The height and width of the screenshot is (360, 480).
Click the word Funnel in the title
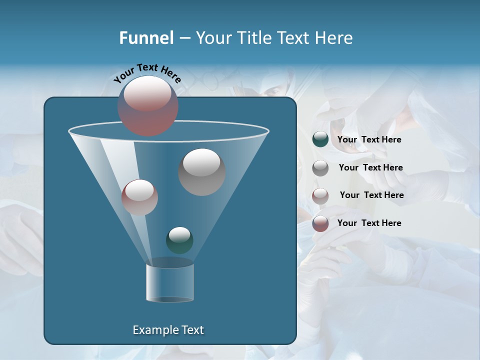click(x=146, y=38)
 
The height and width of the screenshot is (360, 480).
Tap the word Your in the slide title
click(x=214, y=38)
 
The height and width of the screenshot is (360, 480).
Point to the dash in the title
click(x=184, y=38)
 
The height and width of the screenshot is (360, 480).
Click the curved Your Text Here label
click(x=147, y=73)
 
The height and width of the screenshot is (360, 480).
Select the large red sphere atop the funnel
click(x=148, y=106)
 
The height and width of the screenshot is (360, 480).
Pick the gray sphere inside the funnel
click(x=201, y=172)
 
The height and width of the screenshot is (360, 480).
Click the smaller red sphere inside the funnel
click(x=139, y=197)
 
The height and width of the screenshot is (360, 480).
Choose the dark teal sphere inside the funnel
click(x=179, y=240)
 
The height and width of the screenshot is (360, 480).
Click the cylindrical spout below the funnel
click(x=169, y=282)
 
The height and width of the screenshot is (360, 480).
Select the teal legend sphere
click(x=320, y=139)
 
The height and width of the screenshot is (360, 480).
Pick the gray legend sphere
click(x=320, y=168)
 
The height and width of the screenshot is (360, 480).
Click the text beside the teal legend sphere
click(x=369, y=139)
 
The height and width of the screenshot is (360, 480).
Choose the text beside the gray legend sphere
click(x=370, y=167)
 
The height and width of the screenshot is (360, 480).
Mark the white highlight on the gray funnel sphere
click(x=201, y=162)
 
